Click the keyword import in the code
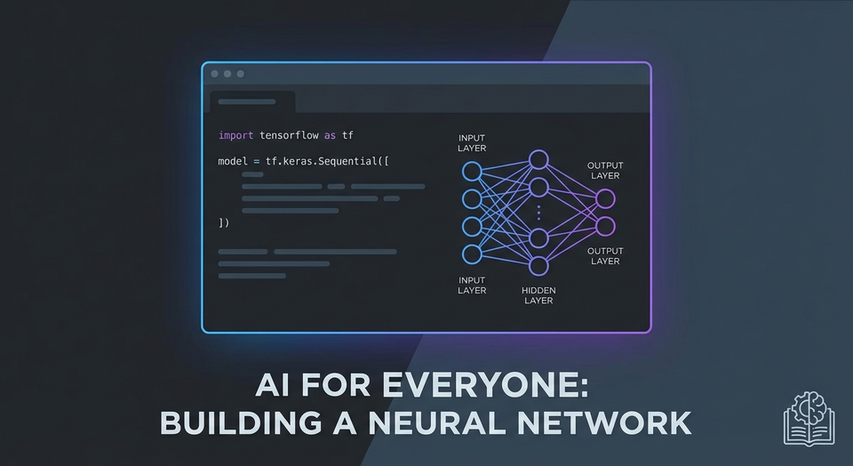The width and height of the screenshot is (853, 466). click(235, 135)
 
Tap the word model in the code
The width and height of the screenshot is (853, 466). click(232, 161)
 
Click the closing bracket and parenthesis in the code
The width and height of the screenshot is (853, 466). click(224, 222)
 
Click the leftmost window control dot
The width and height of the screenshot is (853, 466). click(215, 74)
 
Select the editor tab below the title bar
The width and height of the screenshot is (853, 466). click(251, 101)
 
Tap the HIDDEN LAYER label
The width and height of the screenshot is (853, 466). click(538, 295)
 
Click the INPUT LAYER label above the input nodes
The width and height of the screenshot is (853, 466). click(472, 143)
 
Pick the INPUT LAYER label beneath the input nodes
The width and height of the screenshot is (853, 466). click(472, 285)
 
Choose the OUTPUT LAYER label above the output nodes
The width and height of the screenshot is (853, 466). click(605, 171)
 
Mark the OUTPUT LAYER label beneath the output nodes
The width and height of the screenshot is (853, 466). click(605, 256)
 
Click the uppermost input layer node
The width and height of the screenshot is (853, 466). click(472, 171)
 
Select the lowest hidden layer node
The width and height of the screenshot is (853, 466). click(538, 265)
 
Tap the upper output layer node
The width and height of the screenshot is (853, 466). click(605, 198)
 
